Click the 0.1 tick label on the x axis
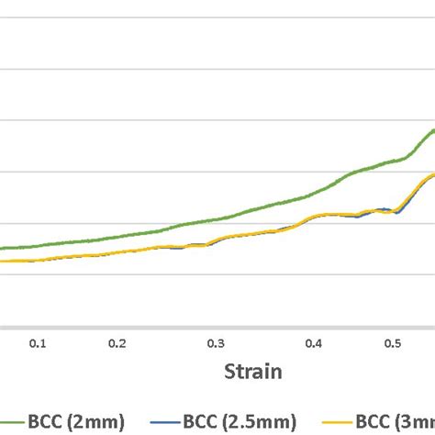click(38, 343)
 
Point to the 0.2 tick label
click(117, 343)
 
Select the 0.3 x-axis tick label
click(215, 343)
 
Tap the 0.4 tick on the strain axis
click(313, 343)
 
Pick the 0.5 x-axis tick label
click(392, 343)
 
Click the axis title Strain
click(254, 372)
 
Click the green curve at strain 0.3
click(215, 219)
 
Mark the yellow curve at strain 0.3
click(215, 240)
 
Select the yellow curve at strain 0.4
click(313, 217)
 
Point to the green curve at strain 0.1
click(38, 245)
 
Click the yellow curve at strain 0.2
click(117, 251)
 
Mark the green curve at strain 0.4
click(313, 194)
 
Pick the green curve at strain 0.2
click(117, 236)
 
